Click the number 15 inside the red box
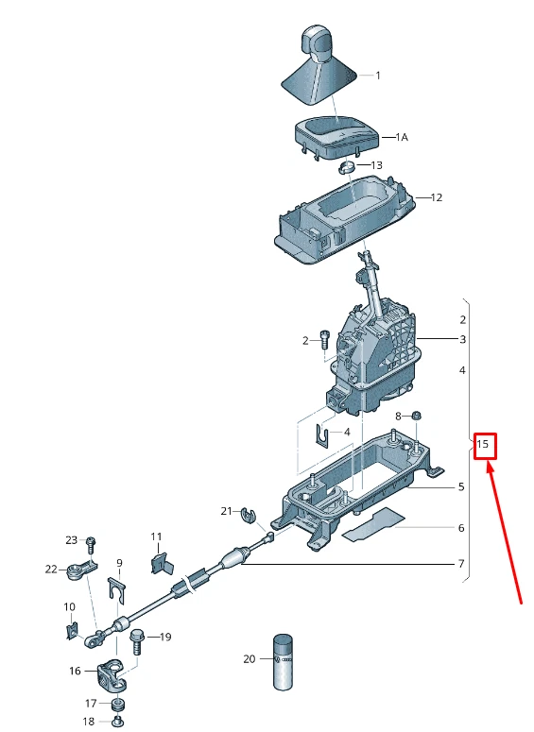click(x=484, y=444)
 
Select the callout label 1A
click(x=401, y=137)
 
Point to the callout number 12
click(x=436, y=198)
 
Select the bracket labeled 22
click(x=81, y=570)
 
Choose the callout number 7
click(x=461, y=565)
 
